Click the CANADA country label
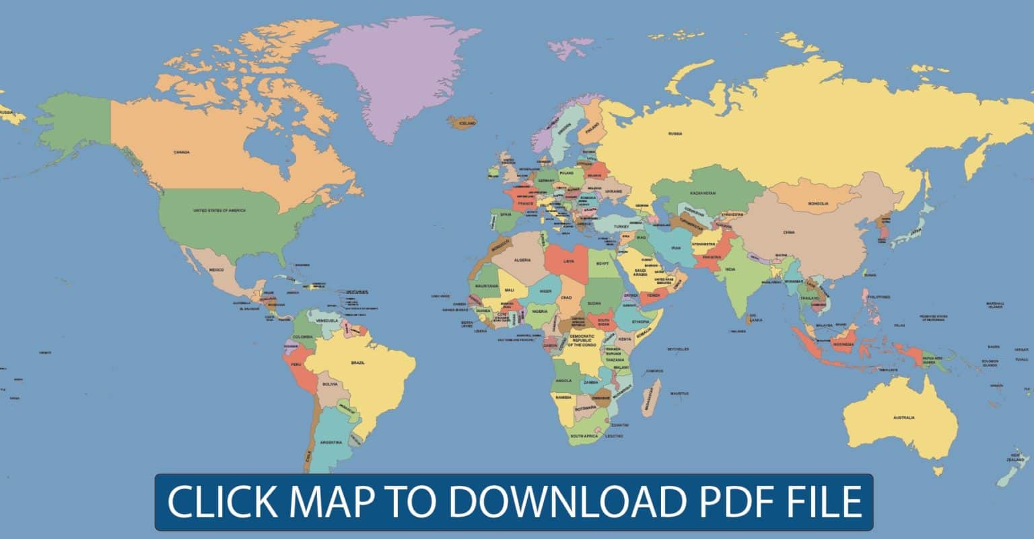[182, 152]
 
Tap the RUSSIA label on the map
[675, 134]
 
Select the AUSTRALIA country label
[903, 418]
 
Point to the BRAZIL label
[358, 363]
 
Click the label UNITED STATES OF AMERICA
[219, 211]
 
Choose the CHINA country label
[789, 232]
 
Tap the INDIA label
[730, 269]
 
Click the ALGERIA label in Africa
[522, 260]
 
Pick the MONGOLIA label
[818, 203]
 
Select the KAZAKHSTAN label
[702, 193]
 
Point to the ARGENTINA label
[331, 442]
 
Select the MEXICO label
[216, 270]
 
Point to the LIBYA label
[569, 260]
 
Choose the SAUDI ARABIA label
[640, 273]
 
